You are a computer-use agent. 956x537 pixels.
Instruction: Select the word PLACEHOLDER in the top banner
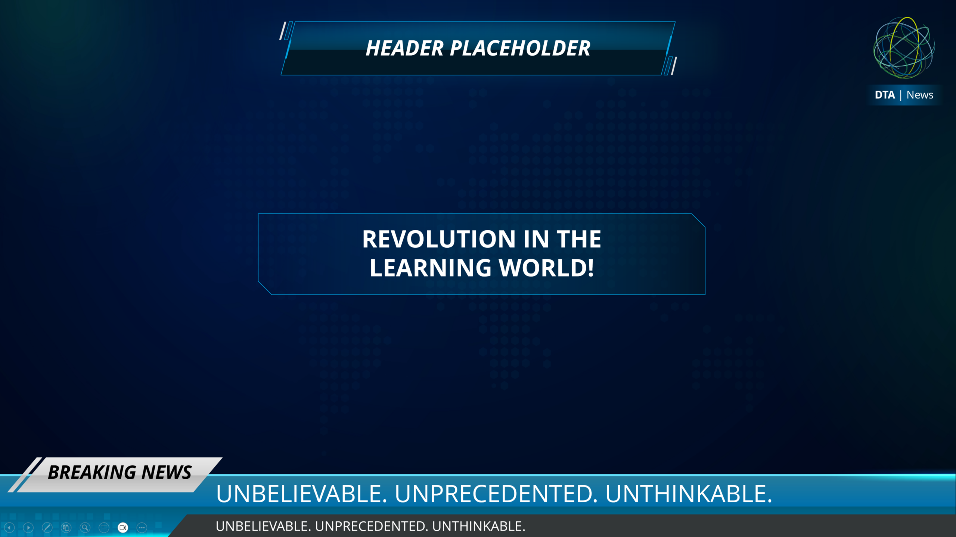(520, 49)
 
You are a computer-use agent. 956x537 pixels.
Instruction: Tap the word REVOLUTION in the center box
(439, 239)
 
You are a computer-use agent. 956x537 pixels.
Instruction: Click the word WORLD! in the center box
(547, 268)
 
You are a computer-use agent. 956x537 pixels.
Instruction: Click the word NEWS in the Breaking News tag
(167, 472)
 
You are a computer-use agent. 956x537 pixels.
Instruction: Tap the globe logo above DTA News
(904, 48)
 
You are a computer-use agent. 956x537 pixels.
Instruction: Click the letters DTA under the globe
(885, 95)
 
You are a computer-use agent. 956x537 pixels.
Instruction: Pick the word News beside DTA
(920, 95)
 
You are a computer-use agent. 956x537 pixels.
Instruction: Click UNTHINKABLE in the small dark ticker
(479, 526)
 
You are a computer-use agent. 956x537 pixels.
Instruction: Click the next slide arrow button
(28, 527)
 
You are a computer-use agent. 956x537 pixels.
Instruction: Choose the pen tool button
(47, 527)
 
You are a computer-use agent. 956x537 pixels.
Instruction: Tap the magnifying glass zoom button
(85, 527)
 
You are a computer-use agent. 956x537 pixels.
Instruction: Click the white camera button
(123, 527)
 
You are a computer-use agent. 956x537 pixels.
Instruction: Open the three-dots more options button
(142, 527)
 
